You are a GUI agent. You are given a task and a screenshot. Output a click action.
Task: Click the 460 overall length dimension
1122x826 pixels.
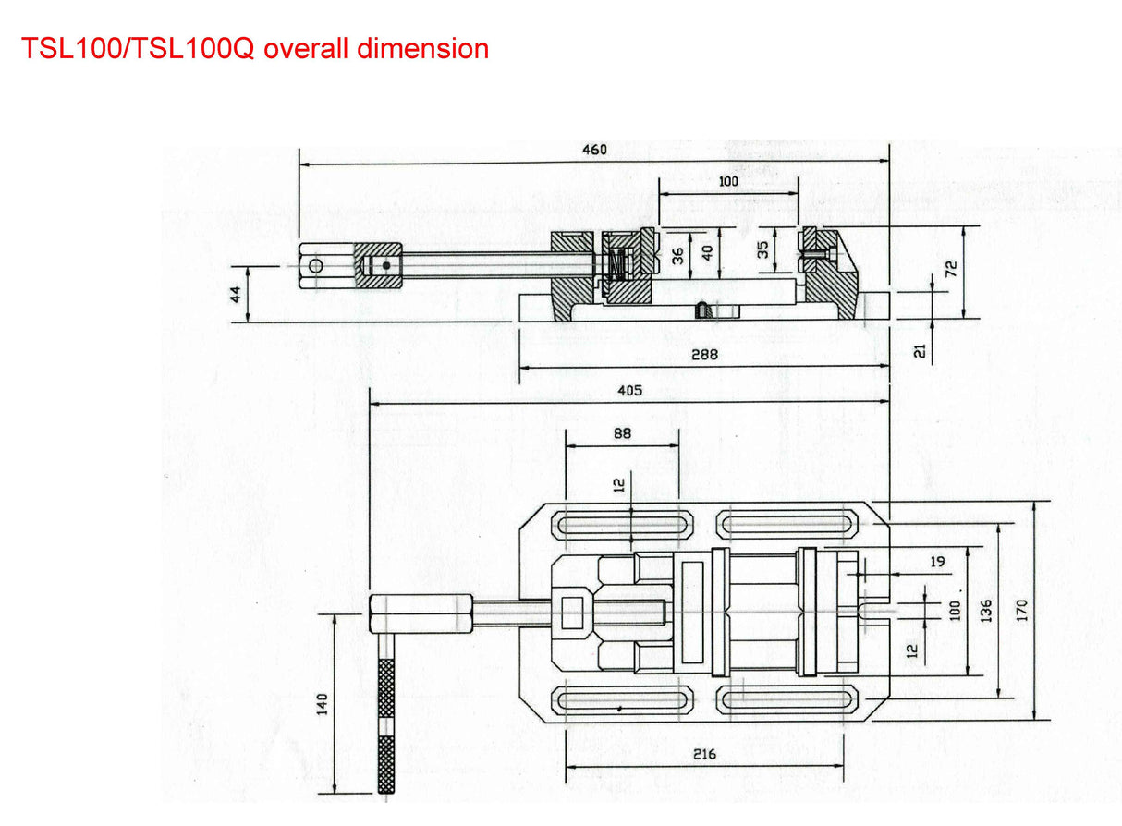594,150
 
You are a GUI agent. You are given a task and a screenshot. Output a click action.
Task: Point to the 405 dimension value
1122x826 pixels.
629,391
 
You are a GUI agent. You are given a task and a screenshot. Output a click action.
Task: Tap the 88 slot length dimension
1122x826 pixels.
622,431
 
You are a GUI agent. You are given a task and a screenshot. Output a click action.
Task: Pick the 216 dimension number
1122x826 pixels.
704,754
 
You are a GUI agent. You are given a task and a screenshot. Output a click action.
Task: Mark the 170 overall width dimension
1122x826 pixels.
1021,610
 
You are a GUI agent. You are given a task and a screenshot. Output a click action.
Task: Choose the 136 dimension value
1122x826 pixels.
986,610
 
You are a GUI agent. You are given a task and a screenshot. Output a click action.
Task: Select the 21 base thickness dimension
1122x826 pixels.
919,351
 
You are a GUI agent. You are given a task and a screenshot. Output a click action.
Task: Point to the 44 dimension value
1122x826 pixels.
235,294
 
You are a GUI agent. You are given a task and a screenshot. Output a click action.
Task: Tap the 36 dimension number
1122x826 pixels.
678,256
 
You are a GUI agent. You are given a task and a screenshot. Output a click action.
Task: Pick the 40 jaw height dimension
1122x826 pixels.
706,251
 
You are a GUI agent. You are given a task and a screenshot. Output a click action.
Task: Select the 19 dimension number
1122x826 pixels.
937,560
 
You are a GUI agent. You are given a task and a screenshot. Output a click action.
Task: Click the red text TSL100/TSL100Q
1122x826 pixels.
137,48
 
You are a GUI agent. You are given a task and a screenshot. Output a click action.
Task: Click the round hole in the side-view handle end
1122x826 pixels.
316,266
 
